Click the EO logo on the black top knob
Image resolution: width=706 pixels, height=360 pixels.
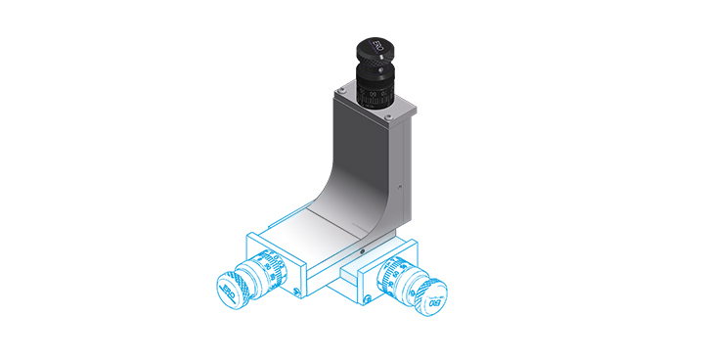pos(375,46)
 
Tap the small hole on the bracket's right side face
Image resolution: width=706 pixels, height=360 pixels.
pos(400,186)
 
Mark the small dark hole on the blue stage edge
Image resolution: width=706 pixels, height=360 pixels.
pos(361,252)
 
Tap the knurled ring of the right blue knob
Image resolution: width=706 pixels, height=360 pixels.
pos(419,286)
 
